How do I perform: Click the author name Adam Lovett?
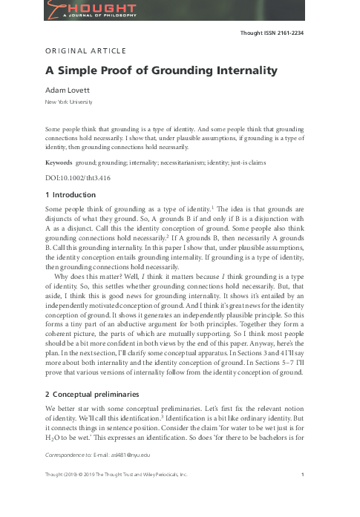(x=68, y=90)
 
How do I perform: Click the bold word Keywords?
(x=59, y=160)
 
